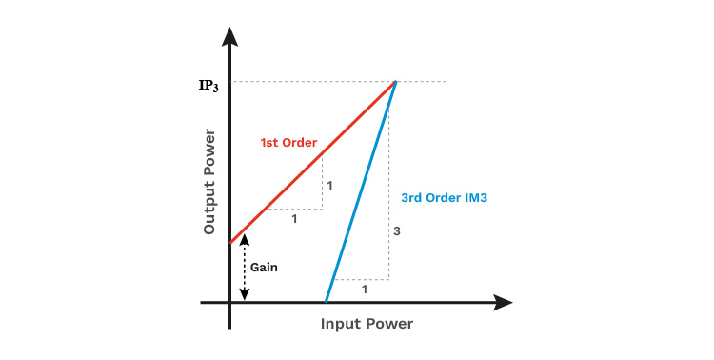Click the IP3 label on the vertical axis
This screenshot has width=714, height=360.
tap(208, 86)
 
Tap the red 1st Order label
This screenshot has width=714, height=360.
tap(288, 143)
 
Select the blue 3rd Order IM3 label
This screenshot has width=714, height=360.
tap(444, 198)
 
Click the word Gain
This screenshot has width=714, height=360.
tap(264, 267)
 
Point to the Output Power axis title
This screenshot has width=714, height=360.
tap(209, 182)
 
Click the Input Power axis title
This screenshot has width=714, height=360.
tap(367, 324)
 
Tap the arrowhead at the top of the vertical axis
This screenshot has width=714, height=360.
tap(230, 36)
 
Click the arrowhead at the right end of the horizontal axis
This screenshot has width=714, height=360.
tap(503, 302)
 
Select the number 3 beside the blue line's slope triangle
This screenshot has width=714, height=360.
tap(397, 231)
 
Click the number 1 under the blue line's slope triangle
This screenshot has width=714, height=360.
tap(365, 290)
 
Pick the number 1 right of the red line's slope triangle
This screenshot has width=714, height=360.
tap(329, 186)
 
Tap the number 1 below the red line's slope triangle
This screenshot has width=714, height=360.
tap(294, 219)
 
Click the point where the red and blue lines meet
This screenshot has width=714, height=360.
tap(395, 82)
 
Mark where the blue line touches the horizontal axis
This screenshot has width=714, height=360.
tap(326, 301)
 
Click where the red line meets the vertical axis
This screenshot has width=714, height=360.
tap(230, 243)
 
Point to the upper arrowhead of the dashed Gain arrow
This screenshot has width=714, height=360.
tap(245, 239)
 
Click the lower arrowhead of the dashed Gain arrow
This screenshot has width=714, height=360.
tap(245, 295)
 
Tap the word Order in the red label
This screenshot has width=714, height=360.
tap(300, 143)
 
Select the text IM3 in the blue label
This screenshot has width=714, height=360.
tap(475, 198)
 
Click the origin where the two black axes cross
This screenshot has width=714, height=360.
tap(230, 302)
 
